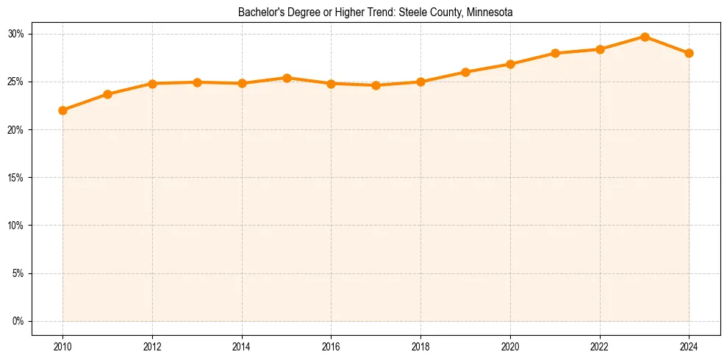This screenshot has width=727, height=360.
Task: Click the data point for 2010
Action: coord(62,110)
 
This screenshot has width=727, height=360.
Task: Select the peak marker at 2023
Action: coord(645,37)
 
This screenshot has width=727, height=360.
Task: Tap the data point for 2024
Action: coord(689,53)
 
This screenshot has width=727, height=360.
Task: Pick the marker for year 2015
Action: coord(287,78)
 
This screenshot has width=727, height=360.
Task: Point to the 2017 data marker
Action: coord(376,85)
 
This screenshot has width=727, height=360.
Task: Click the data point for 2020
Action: coord(510,64)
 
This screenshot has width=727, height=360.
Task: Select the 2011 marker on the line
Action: coord(107,94)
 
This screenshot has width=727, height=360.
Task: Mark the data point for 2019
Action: coord(465,72)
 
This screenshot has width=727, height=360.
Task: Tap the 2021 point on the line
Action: coord(555,53)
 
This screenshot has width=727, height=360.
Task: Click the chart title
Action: coord(376,12)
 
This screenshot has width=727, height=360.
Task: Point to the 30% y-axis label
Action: coord(16,34)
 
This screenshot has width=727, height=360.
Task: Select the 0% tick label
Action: coord(18,321)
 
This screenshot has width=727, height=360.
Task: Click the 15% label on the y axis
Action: coord(16,178)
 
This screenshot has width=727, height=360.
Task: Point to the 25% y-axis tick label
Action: coord(16,82)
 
